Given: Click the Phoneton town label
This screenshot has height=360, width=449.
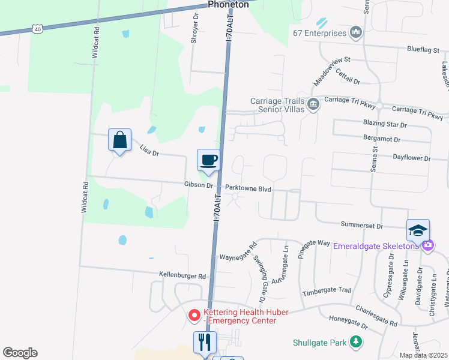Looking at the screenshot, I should pos(228,4).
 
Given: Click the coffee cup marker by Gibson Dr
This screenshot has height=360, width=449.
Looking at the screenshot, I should pos(208,160).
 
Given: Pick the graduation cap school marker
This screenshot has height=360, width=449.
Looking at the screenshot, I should pos(418,230).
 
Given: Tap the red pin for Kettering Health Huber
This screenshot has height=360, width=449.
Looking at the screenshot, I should pos(194,314).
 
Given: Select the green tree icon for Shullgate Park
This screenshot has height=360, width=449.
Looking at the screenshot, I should pos(357,342).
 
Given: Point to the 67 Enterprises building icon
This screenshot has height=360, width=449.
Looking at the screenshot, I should pos(356,32).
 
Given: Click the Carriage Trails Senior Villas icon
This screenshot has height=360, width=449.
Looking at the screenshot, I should pos(313,105).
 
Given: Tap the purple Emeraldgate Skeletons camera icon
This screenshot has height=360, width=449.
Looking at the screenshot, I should pos(427,245).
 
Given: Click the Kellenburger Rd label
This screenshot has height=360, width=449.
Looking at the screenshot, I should pos(182,276).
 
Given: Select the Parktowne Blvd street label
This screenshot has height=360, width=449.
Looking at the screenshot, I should pos(249,188).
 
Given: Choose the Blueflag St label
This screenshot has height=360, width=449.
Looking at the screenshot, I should pos(427,50).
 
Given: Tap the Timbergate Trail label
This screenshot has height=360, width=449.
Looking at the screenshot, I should pos(327,290).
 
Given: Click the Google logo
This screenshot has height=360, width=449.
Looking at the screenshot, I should pos(20,353).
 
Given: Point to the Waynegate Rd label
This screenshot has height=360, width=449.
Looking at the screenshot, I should pos(238,251).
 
